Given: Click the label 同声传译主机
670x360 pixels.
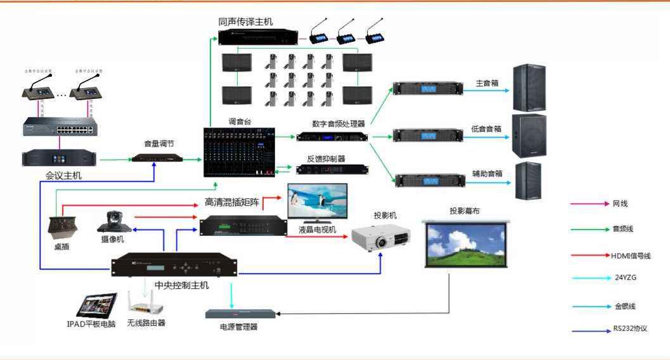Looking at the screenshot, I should point(245,22).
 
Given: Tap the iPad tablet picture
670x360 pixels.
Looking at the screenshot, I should point(96,305).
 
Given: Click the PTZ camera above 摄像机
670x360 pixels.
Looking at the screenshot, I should point(113,221).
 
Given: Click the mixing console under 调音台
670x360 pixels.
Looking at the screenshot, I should point(240,152).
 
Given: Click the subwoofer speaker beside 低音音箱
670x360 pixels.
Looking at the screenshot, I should point(529,136).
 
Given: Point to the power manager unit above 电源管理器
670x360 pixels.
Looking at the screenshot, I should point(240,314).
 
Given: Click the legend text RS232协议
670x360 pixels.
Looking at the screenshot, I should point(629,329).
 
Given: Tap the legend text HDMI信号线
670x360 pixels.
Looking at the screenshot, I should point(631,255).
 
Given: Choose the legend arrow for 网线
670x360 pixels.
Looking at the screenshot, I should point(587,204).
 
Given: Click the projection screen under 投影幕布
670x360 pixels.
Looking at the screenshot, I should point(465,245).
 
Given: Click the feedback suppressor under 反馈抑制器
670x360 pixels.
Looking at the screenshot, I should point(332,169).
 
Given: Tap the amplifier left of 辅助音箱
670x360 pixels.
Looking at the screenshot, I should point(430,180).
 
